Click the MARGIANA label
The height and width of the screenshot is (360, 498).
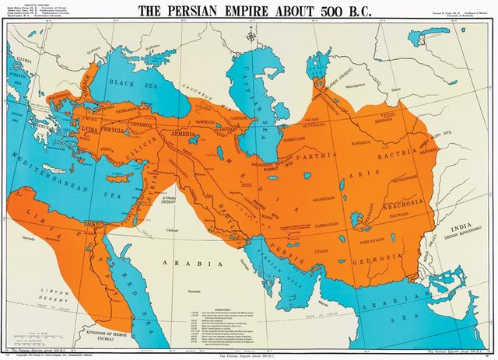359,142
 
